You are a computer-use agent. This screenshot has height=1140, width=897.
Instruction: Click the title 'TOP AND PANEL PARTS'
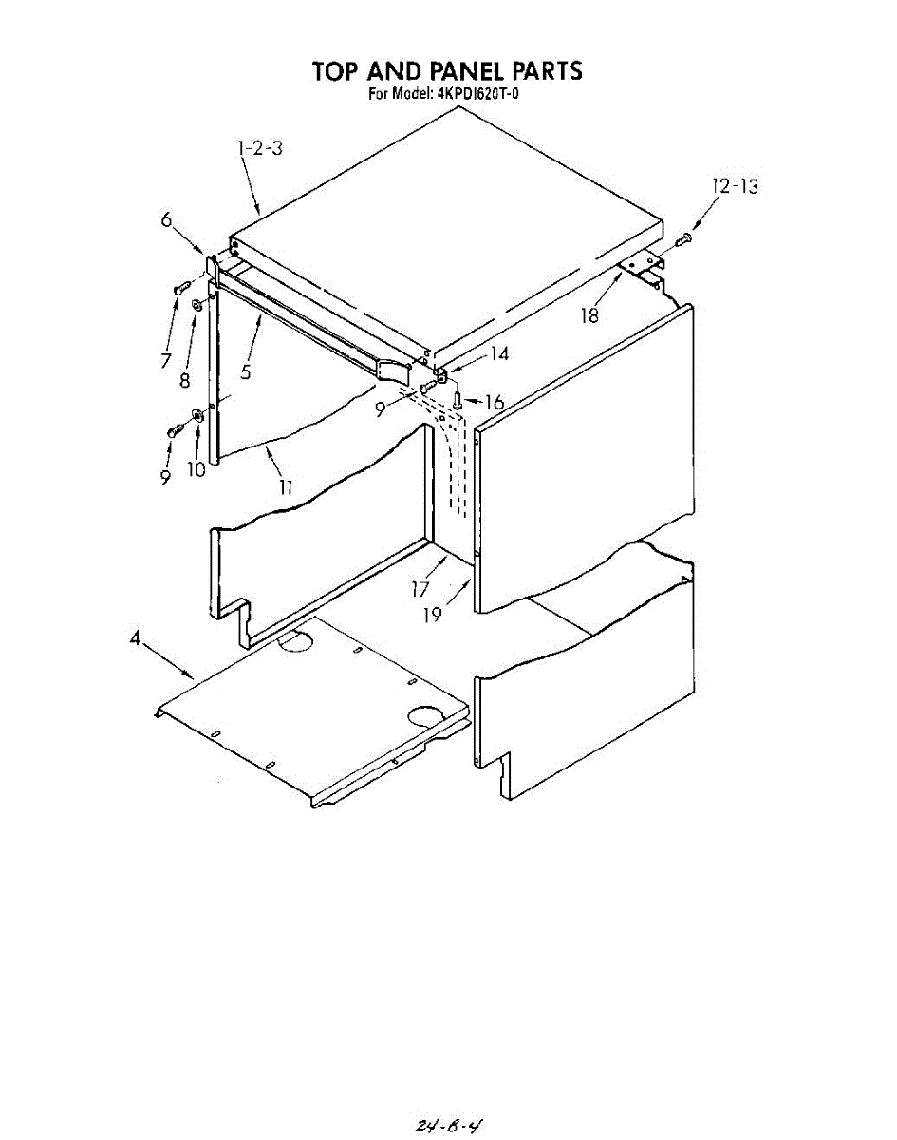tap(447, 71)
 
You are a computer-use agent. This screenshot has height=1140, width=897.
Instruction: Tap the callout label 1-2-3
tap(260, 148)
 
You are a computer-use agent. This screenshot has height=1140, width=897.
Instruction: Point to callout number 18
tap(590, 315)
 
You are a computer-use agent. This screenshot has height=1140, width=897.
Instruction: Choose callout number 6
tap(166, 219)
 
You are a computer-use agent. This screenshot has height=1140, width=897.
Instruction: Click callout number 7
tap(166, 360)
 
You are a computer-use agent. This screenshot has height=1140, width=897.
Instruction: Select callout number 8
tap(185, 380)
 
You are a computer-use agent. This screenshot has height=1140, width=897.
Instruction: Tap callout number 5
tap(245, 372)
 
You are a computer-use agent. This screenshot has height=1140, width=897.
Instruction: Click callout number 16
tap(494, 403)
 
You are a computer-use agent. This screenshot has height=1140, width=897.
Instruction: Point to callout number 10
tap(196, 469)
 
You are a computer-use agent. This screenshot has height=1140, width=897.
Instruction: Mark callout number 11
tap(285, 487)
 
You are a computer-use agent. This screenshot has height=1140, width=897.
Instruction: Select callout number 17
tap(420, 589)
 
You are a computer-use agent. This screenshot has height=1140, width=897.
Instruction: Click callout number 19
tap(433, 615)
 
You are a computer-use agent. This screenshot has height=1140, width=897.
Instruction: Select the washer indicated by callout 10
tap(197, 414)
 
